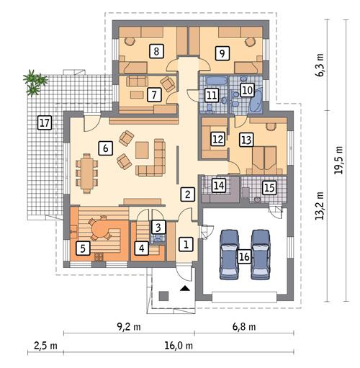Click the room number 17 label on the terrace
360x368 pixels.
(x=44, y=123)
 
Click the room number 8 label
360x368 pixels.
(x=154, y=50)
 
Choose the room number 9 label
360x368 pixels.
(x=222, y=52)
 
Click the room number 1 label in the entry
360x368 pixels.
(x=185, y=244)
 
